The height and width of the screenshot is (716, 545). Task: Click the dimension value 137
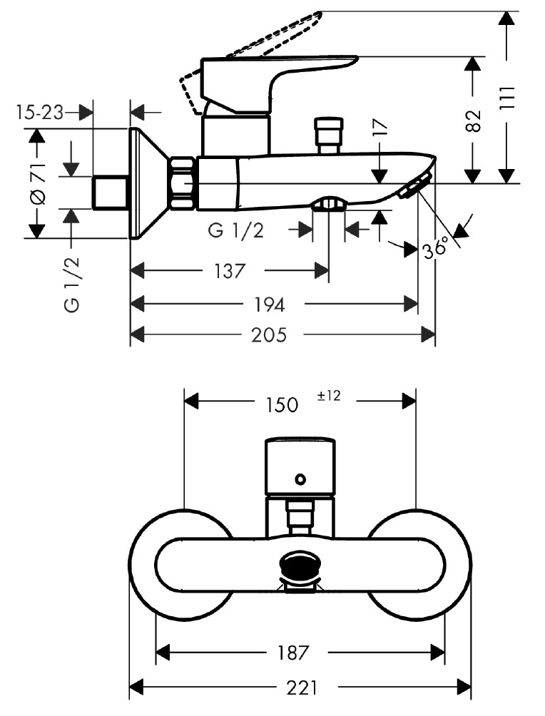[x=229, y=271]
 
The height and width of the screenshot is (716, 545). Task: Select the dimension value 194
[x=270, y=305]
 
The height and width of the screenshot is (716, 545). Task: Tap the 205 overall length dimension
[x=271, y=334]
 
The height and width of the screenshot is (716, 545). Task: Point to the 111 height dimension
[x=507, y=98]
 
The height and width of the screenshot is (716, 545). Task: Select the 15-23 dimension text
[x=39, y=112]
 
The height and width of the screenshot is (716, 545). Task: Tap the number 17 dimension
[x=380, y=128]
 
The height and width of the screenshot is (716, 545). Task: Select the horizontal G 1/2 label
[x=236, y=230]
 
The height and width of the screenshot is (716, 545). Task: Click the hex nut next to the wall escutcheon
[x=183, y=183]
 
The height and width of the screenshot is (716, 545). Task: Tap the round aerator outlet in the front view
[x=300, y=567]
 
